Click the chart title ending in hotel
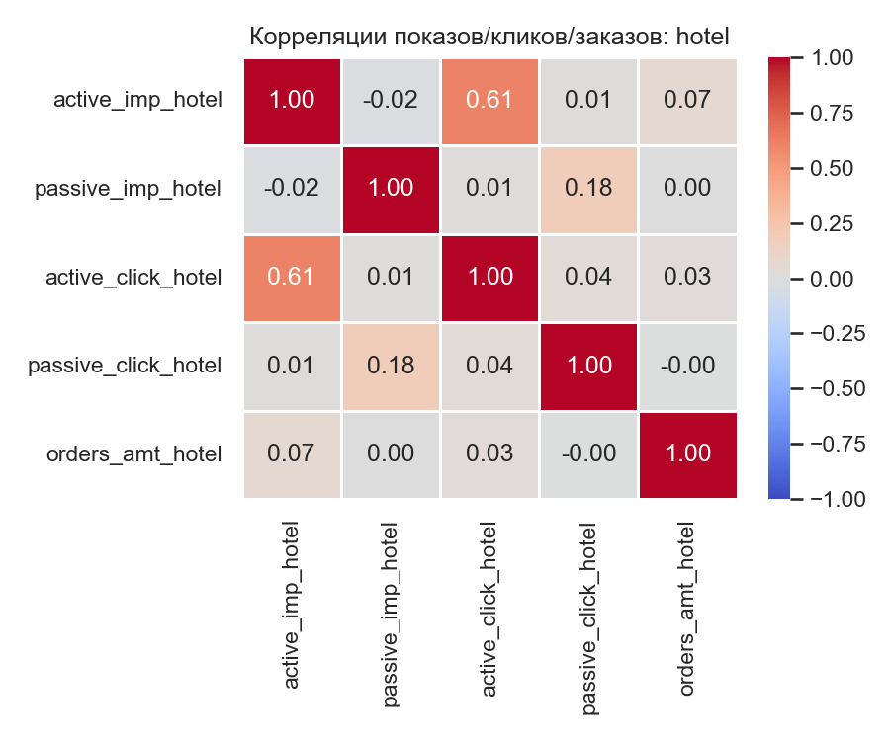[x=489, y=38]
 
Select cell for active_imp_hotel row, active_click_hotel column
[x=490, y=100]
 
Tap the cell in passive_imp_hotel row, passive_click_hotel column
[x=589, y=189]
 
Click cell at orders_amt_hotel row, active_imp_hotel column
[x=293, y=454]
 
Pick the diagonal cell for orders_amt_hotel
[x=688, y=454]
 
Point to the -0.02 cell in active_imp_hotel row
[x=392, y=100]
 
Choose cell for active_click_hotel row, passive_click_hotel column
[x=589, y=278]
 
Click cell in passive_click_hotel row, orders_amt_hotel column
[x=688, y=366]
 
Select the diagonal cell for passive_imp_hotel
[x=392, y=189]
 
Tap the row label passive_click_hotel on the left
[x=125, y=366]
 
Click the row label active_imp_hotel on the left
[x=137, y=100]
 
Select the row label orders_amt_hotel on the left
[x=133, y=454]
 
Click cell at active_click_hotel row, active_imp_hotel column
[x=293, y=278]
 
